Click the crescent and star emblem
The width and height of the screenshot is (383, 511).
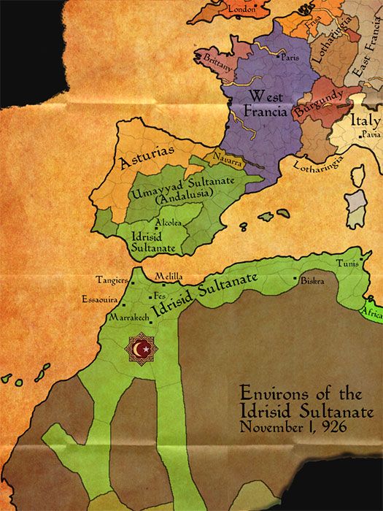[x=142, y=350]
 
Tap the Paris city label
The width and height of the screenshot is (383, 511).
[x=290, y=57]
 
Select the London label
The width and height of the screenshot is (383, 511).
[x=243, y=9]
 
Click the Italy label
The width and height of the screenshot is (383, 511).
[x=365, y=120]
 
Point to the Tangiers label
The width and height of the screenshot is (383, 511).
[x=111, y=279]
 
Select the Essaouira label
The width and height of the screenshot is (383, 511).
[x=100, y=299]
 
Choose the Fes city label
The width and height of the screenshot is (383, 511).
[x=160, y=296]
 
